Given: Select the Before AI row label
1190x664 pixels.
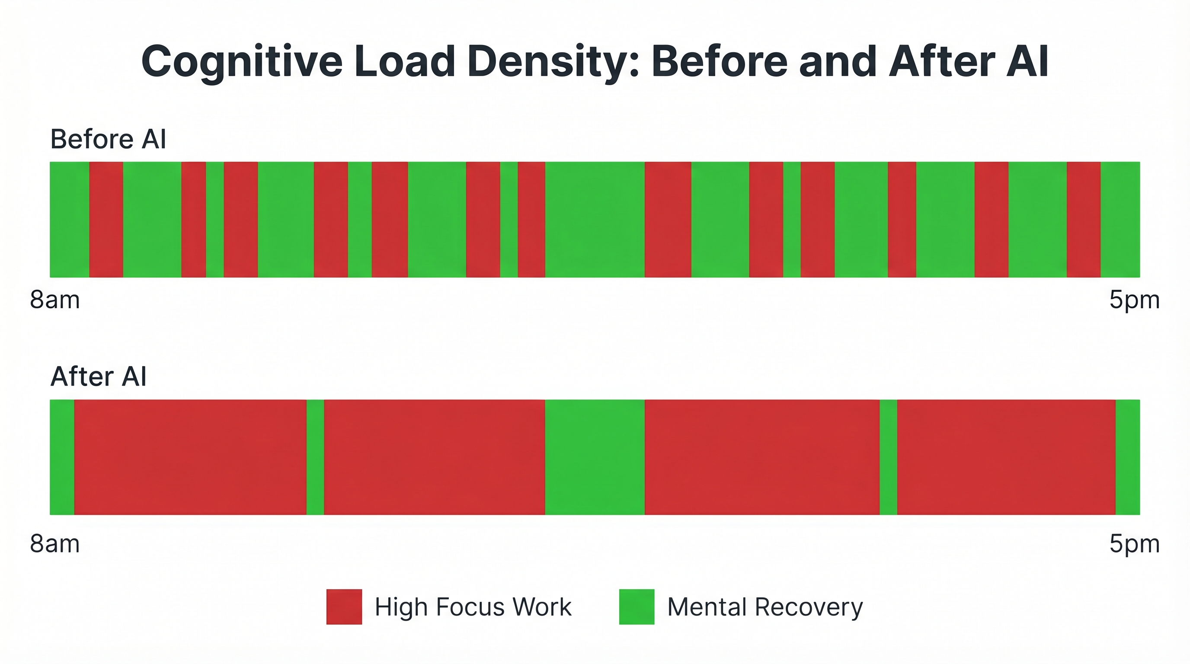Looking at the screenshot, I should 108,139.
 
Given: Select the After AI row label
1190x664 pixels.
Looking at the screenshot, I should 99,377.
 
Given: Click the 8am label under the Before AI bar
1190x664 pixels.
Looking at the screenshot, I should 55,300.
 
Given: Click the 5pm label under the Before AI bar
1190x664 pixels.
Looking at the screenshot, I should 1134,300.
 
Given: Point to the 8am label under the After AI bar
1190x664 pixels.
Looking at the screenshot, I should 55,544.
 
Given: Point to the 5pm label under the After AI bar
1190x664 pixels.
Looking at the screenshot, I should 1134,544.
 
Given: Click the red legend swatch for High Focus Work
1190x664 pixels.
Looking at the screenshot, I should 344,607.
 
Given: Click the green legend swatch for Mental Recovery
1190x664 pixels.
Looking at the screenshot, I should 637,607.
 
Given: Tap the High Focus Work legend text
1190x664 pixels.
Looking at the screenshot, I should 473,607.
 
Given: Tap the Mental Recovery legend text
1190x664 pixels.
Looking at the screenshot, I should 765,607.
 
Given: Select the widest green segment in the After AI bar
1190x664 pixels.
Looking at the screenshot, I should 595,457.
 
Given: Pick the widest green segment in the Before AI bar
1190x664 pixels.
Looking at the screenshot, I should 595,220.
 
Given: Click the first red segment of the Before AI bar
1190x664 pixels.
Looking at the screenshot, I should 106,220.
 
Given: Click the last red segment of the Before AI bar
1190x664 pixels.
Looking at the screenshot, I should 1083,220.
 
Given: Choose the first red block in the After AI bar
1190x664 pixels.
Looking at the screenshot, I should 190,457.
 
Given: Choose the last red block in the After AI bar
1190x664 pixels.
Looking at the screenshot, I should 1006,457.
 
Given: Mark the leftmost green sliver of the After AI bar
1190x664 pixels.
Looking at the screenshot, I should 62,457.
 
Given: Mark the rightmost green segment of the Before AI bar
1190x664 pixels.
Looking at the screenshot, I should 1120,220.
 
